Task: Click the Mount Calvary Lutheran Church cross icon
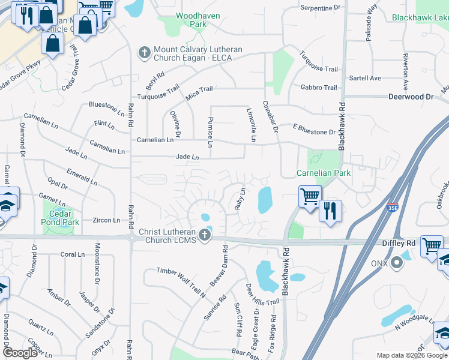(x=144, y=53)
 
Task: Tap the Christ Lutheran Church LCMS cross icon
(x=205, y=235)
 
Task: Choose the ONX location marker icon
(x=396, y=263)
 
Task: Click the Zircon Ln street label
(x=107, y=220)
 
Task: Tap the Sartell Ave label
(x=365, y=78)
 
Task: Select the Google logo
(x=20, y=353)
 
